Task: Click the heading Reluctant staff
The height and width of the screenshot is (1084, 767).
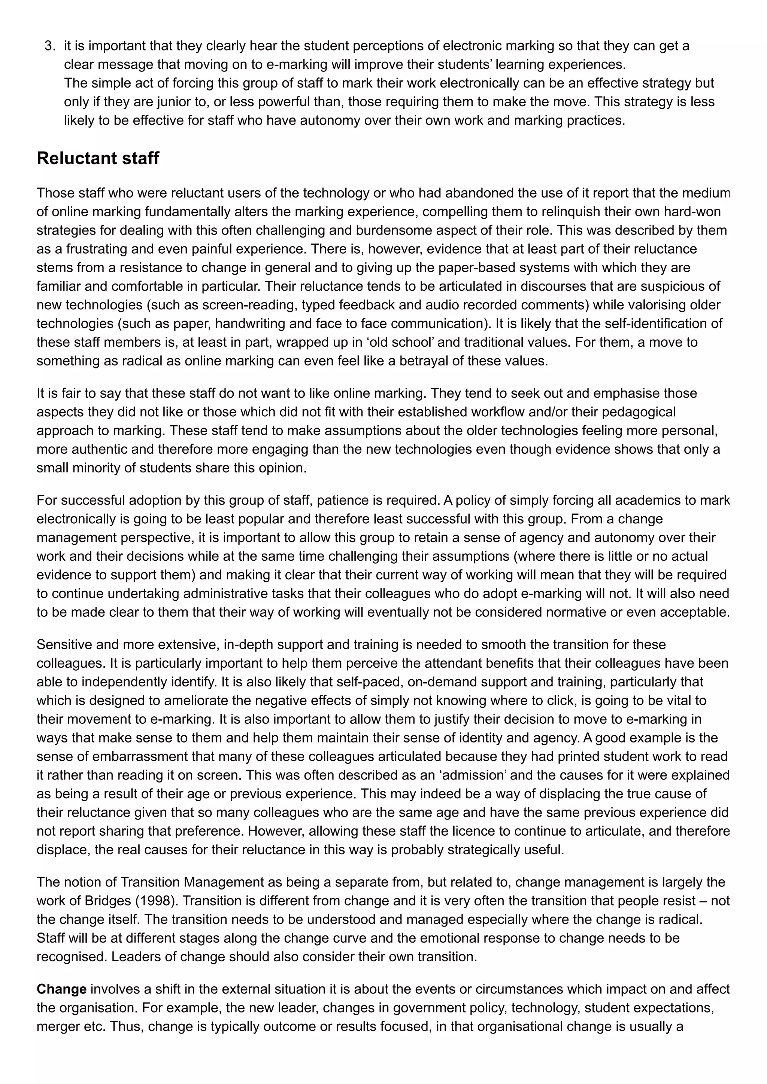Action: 98,159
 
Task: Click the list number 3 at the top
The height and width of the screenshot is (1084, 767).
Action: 48,46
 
